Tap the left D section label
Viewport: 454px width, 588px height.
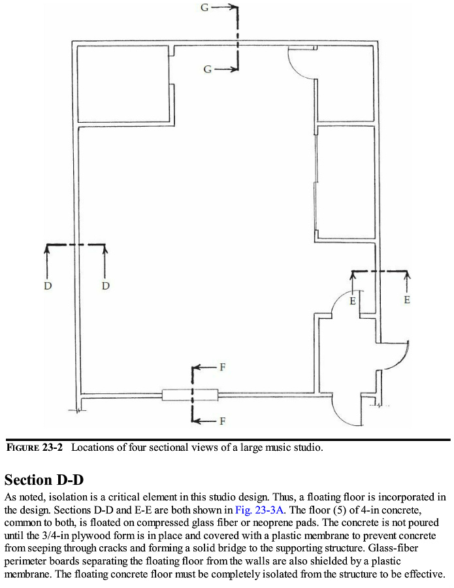(48, 286)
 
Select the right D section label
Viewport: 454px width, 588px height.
(105, 286)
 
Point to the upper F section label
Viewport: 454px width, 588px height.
(222, 367)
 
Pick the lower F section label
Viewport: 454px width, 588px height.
(222, 421)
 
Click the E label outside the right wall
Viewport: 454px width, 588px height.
(408, 300)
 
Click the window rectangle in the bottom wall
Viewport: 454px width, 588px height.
(189, 395)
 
